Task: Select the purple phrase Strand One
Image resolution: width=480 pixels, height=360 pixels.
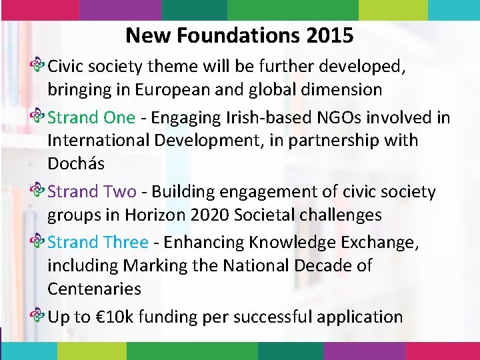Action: [91, 118]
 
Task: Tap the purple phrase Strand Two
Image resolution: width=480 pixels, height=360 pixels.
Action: [92, 192]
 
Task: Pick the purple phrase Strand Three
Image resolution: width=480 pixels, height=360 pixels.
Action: [98, 242]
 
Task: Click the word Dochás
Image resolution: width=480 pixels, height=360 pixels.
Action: [75, 164]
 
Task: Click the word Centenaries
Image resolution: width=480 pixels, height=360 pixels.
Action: [94, 289]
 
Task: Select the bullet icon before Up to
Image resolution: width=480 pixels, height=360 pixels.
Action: [39, 317]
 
